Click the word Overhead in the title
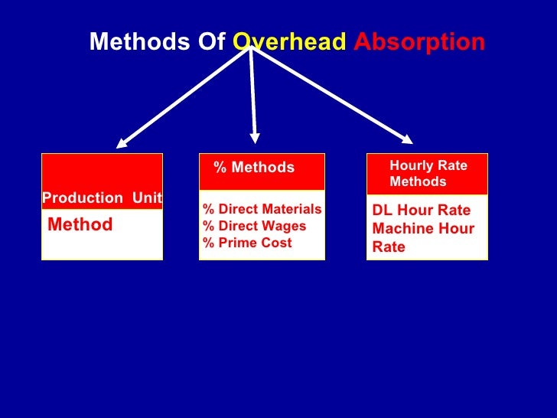[x=288, y=42]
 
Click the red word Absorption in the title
[x=419, y=42]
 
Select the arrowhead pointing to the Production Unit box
[x=122, y=141]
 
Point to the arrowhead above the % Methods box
[x=254, y=138]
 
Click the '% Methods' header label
[x=254, y=168]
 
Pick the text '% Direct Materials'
[x=262, y=210]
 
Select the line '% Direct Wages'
[x=254, y=226]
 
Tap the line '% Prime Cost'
[x=247, y=243]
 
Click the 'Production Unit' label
[x=102, y=198]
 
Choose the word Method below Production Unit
[x=80, y=224]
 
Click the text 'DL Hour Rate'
[x=422, y=211]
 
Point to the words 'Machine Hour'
[x=423, y=229]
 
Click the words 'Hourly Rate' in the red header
[x=428, y=165]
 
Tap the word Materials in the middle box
[x=294, y=210]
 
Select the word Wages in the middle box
[x=286, y=226]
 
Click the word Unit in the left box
[x=147, y=198]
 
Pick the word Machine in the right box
[x=400, y=229]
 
